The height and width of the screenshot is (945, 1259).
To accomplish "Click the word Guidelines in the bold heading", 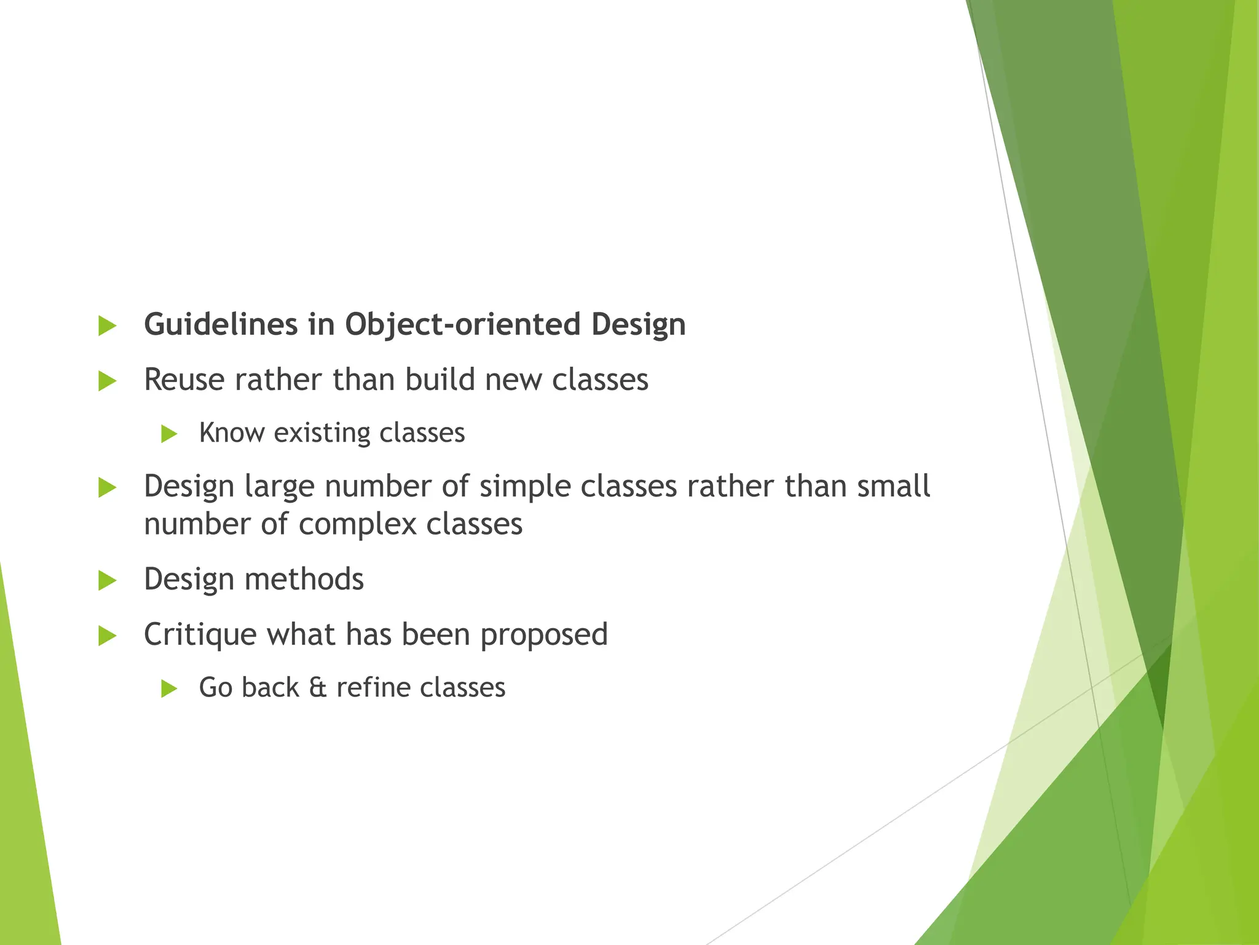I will click(221, 325).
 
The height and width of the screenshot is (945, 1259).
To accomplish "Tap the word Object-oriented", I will click(462, 325).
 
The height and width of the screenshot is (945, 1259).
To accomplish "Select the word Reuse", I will click(184, 380).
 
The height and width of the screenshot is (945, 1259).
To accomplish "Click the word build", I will click(439, 380).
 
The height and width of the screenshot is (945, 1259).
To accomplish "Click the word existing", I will click(322, 433).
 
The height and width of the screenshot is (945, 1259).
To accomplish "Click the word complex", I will click(358, 525).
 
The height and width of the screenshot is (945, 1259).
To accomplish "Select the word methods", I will click(304, 580).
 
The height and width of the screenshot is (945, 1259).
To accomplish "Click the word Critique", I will click(200, 634).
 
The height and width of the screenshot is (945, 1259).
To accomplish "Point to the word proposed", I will click(544, 634).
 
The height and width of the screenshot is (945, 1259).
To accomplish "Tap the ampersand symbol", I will click(317, 688).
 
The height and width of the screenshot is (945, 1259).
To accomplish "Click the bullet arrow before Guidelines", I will click(107, 326).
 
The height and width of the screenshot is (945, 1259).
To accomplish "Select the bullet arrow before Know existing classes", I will click(168, 434).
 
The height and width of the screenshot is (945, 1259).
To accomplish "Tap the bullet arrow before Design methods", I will click(107, 581).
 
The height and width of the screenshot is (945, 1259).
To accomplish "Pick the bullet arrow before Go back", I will click(168, 689).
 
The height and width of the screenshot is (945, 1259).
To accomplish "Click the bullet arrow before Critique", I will click(107, 636).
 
